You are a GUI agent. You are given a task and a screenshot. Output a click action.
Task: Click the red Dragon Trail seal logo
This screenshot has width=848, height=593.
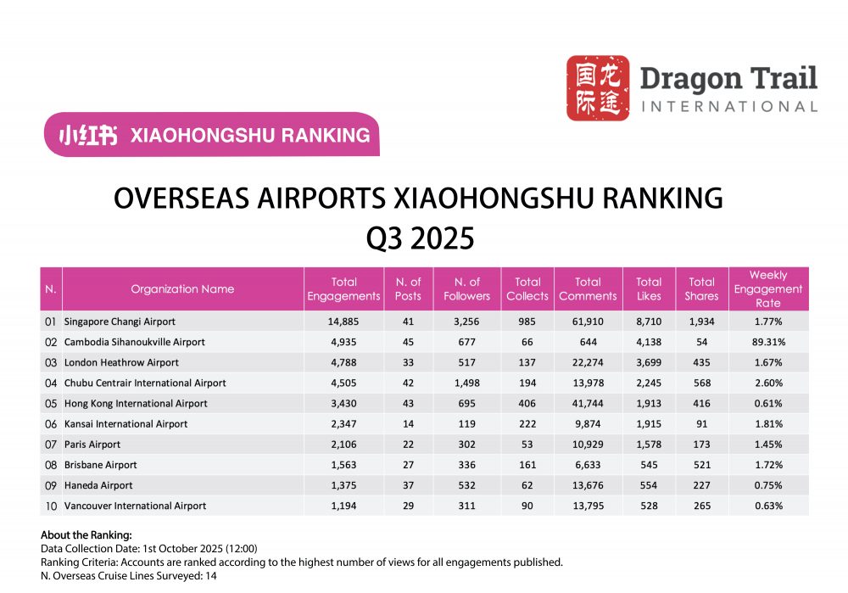(598, 88)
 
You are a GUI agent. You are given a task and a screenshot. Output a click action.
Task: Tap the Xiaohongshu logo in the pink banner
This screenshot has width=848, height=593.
(87, 135)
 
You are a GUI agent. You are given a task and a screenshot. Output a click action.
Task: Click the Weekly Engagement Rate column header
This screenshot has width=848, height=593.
(767, 288)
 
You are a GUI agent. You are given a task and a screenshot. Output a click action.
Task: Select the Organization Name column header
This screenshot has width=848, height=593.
(182, 288)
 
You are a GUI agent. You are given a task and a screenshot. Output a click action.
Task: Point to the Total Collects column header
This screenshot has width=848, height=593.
(527, 288)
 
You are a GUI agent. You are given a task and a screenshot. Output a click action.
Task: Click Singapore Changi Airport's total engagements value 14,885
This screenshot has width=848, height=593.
(343, 322)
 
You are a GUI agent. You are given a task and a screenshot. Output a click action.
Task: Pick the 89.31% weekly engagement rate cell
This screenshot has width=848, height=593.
(767, 343)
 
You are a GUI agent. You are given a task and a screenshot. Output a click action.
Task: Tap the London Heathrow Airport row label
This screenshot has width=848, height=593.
(121, 363)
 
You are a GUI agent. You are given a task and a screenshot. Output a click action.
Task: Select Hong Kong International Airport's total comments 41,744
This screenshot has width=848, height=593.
(587, 404)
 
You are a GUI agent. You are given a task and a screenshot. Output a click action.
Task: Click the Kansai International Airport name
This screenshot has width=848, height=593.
(126, 424)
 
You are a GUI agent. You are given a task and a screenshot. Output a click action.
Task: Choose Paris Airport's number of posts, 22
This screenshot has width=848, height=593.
(409, 445)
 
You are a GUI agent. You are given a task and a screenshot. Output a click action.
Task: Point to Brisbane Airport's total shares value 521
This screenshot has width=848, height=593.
(701, 465)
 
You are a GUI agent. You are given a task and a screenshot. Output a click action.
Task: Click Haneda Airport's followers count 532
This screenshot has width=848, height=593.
(466, 485)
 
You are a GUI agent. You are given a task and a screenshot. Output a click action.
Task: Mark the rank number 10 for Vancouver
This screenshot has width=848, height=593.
(51, 506)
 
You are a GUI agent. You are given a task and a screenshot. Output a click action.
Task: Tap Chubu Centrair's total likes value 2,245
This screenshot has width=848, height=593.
(649, 383)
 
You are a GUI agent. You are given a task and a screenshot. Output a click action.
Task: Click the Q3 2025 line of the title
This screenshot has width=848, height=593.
(419, 238)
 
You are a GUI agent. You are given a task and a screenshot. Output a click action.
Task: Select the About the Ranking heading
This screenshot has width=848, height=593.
(86, 535)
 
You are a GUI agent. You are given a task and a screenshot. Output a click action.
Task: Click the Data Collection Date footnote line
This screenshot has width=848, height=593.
(148, 549)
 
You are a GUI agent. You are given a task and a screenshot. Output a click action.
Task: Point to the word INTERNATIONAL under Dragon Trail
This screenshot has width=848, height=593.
(729, 107)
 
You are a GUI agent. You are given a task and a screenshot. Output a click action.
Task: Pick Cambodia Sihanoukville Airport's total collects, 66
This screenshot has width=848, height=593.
(527, 343)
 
